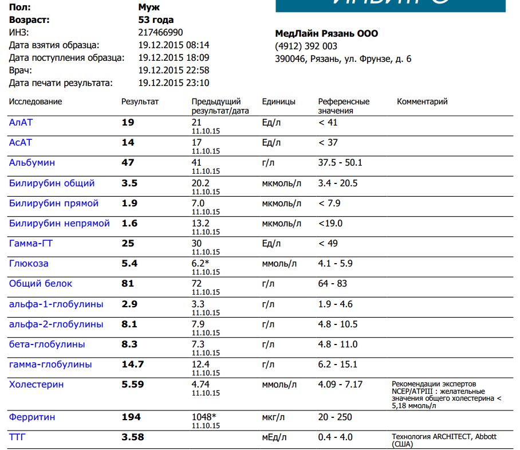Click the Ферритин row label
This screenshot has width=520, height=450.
point(32,417)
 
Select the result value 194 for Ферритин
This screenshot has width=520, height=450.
point(131,417)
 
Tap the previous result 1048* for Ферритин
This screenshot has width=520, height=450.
point(205,417)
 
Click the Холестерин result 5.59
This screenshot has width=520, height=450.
point(133,384)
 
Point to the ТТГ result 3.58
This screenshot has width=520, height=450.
point(133,437)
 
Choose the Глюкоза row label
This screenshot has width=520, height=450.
point(29,264)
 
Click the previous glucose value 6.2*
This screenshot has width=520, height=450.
point(200,264)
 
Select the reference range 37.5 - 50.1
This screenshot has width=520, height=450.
point(340,163)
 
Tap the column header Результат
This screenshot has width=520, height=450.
point(140,101)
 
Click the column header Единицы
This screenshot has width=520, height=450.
point(279,101)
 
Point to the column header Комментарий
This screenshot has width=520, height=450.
point(422,101)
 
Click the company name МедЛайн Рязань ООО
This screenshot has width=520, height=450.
point(326,34)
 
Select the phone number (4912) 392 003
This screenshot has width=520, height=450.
point(306,46)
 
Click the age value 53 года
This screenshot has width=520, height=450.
point(156,20)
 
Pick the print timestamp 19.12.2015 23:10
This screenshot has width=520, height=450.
point(174,83)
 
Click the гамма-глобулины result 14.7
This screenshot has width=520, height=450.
point(133,364)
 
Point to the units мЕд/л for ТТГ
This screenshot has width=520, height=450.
point(275,437)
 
